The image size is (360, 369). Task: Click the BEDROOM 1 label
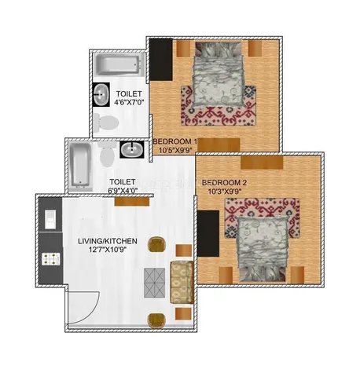point(174,141)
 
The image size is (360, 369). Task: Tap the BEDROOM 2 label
point(224,182)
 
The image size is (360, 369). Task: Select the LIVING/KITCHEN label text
point(108,241)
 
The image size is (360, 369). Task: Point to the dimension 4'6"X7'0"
point(129,102)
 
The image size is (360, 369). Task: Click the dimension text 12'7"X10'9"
point(108,250)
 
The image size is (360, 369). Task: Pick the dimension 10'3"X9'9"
point(225,192)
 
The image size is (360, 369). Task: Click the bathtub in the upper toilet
point(118,64)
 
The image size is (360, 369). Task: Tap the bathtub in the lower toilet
point(81,165)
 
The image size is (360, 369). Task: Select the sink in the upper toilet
point(101,94)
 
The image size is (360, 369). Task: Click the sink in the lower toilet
point(132,149)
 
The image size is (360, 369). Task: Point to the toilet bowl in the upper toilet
point(106,122)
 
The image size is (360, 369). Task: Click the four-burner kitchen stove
point(51,258)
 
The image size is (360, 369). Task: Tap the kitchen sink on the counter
point(50,219)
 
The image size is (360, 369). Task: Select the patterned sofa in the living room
point(182,282)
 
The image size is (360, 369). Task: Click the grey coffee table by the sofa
point(155,282)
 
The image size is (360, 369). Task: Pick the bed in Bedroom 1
point(218,75)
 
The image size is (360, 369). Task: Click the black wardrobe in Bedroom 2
point(208,233)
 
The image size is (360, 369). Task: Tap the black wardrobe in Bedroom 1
point(161,60)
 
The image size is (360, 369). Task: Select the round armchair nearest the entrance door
point(156,320)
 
